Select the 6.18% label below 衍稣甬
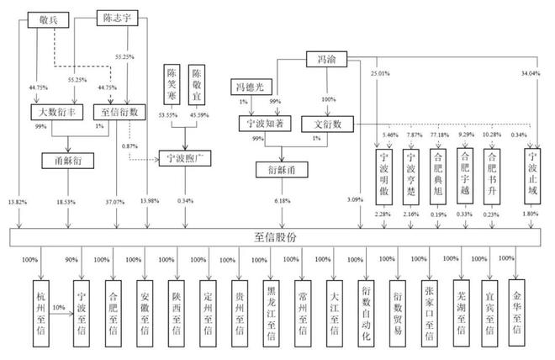(x=277, y=202)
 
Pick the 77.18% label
(x=440, y=135)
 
